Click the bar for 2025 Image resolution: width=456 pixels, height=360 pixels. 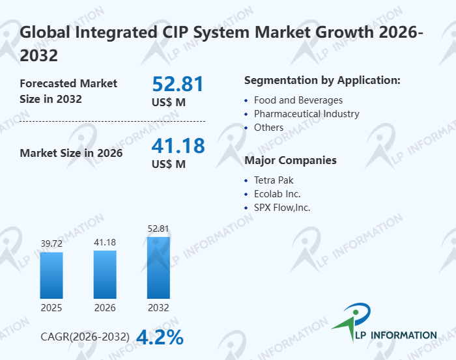coord(51,275)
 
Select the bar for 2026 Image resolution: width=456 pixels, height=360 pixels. coord(105,274)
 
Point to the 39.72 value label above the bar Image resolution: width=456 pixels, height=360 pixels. coord(51,243)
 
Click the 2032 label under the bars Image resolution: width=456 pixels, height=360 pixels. coord(158,307)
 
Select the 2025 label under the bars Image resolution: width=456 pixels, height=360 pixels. coord(51,307)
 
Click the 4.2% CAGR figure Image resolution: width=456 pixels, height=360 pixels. coord(160,337)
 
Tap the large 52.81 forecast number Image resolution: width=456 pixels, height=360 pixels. coord(178,84)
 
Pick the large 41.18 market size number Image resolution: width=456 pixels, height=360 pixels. coord(178,145)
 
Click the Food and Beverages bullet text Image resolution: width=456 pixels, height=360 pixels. coord(298,100)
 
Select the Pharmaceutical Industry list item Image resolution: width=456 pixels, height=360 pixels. coord(306,114)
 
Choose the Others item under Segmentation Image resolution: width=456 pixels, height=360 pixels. coord(268,128)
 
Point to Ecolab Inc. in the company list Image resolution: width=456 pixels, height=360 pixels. coord(277,193)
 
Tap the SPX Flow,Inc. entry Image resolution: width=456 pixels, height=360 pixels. coord(282,208)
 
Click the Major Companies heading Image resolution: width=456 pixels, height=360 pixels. coord(290,160)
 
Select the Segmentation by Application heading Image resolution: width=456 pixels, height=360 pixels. coord(322,81)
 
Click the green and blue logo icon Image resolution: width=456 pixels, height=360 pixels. coord(352,322)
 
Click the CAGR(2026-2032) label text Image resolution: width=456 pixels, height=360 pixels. coord(85,337)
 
